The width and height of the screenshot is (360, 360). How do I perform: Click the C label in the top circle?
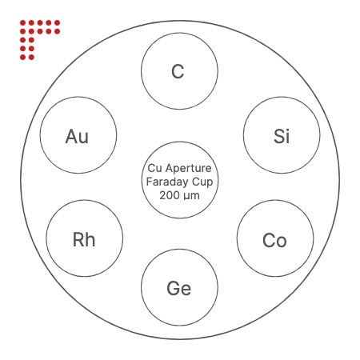[x=178, y=71]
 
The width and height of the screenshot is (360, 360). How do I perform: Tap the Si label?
[x=282, y=136]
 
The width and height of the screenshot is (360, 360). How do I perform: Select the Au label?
[x=77, y=136]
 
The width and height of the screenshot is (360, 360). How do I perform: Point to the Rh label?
[x=84, y=239]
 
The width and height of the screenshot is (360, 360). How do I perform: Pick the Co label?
[x=274, y=240]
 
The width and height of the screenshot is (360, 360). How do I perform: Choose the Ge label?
[x=179, y=288]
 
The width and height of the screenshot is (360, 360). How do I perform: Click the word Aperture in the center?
[x=188, y=169]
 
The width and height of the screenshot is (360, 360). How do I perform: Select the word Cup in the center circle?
[x=202, y=182]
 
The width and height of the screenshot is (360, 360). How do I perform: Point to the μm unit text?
[x=191, y=196]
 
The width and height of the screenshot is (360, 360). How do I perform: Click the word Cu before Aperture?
[x=155, y=168]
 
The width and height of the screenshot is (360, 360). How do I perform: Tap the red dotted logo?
[x=40, y=40]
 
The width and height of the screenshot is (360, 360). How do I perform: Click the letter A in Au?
[x=72, y=136]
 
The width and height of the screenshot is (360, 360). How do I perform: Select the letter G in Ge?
[x=174, y=288]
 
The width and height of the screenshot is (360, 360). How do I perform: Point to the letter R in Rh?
[x=78, y=239]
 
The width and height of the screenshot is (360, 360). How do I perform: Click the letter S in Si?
[x=279, y=136]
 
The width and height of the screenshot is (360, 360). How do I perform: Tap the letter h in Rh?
[x=90, y=239]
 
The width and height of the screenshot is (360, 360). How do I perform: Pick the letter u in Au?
[x=84, y=138]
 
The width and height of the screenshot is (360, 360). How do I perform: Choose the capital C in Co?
[x=269, y=240]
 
